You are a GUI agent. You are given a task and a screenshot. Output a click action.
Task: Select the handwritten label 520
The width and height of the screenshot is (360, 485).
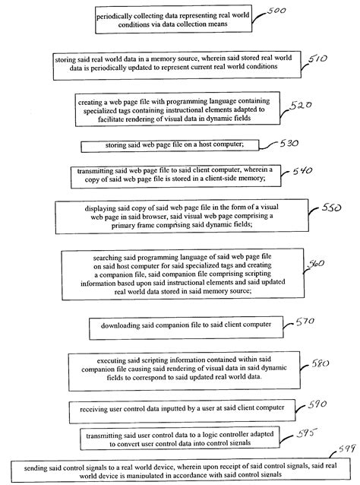[x=301, y=106]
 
